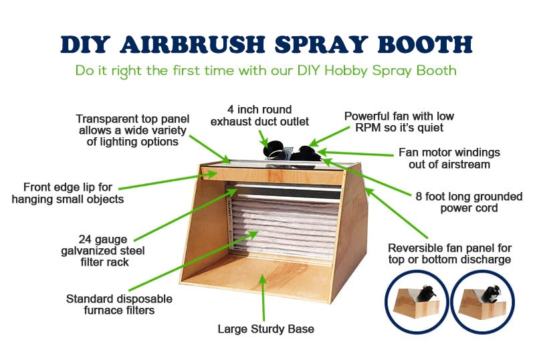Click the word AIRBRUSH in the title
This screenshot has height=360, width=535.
point(193,44)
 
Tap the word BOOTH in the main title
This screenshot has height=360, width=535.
point(425,44)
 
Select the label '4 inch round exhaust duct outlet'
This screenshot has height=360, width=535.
point(259,116)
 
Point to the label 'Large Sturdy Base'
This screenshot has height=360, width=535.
point(265,329)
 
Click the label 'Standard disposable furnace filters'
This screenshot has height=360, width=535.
point(119,304)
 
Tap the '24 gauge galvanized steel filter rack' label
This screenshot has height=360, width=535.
point(103,251)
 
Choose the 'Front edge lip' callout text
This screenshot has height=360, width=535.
point(68,193)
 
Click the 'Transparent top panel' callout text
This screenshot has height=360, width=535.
point(132,130)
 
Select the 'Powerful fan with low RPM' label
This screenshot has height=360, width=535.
point(399,122)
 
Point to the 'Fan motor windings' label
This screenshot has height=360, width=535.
point(449,158)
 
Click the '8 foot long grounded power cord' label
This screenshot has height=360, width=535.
point(469,202)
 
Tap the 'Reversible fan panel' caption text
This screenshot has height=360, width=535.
point(449,254)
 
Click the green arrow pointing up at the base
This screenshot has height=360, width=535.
point(263,297)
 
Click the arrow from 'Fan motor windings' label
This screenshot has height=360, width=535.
point(355,153)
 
